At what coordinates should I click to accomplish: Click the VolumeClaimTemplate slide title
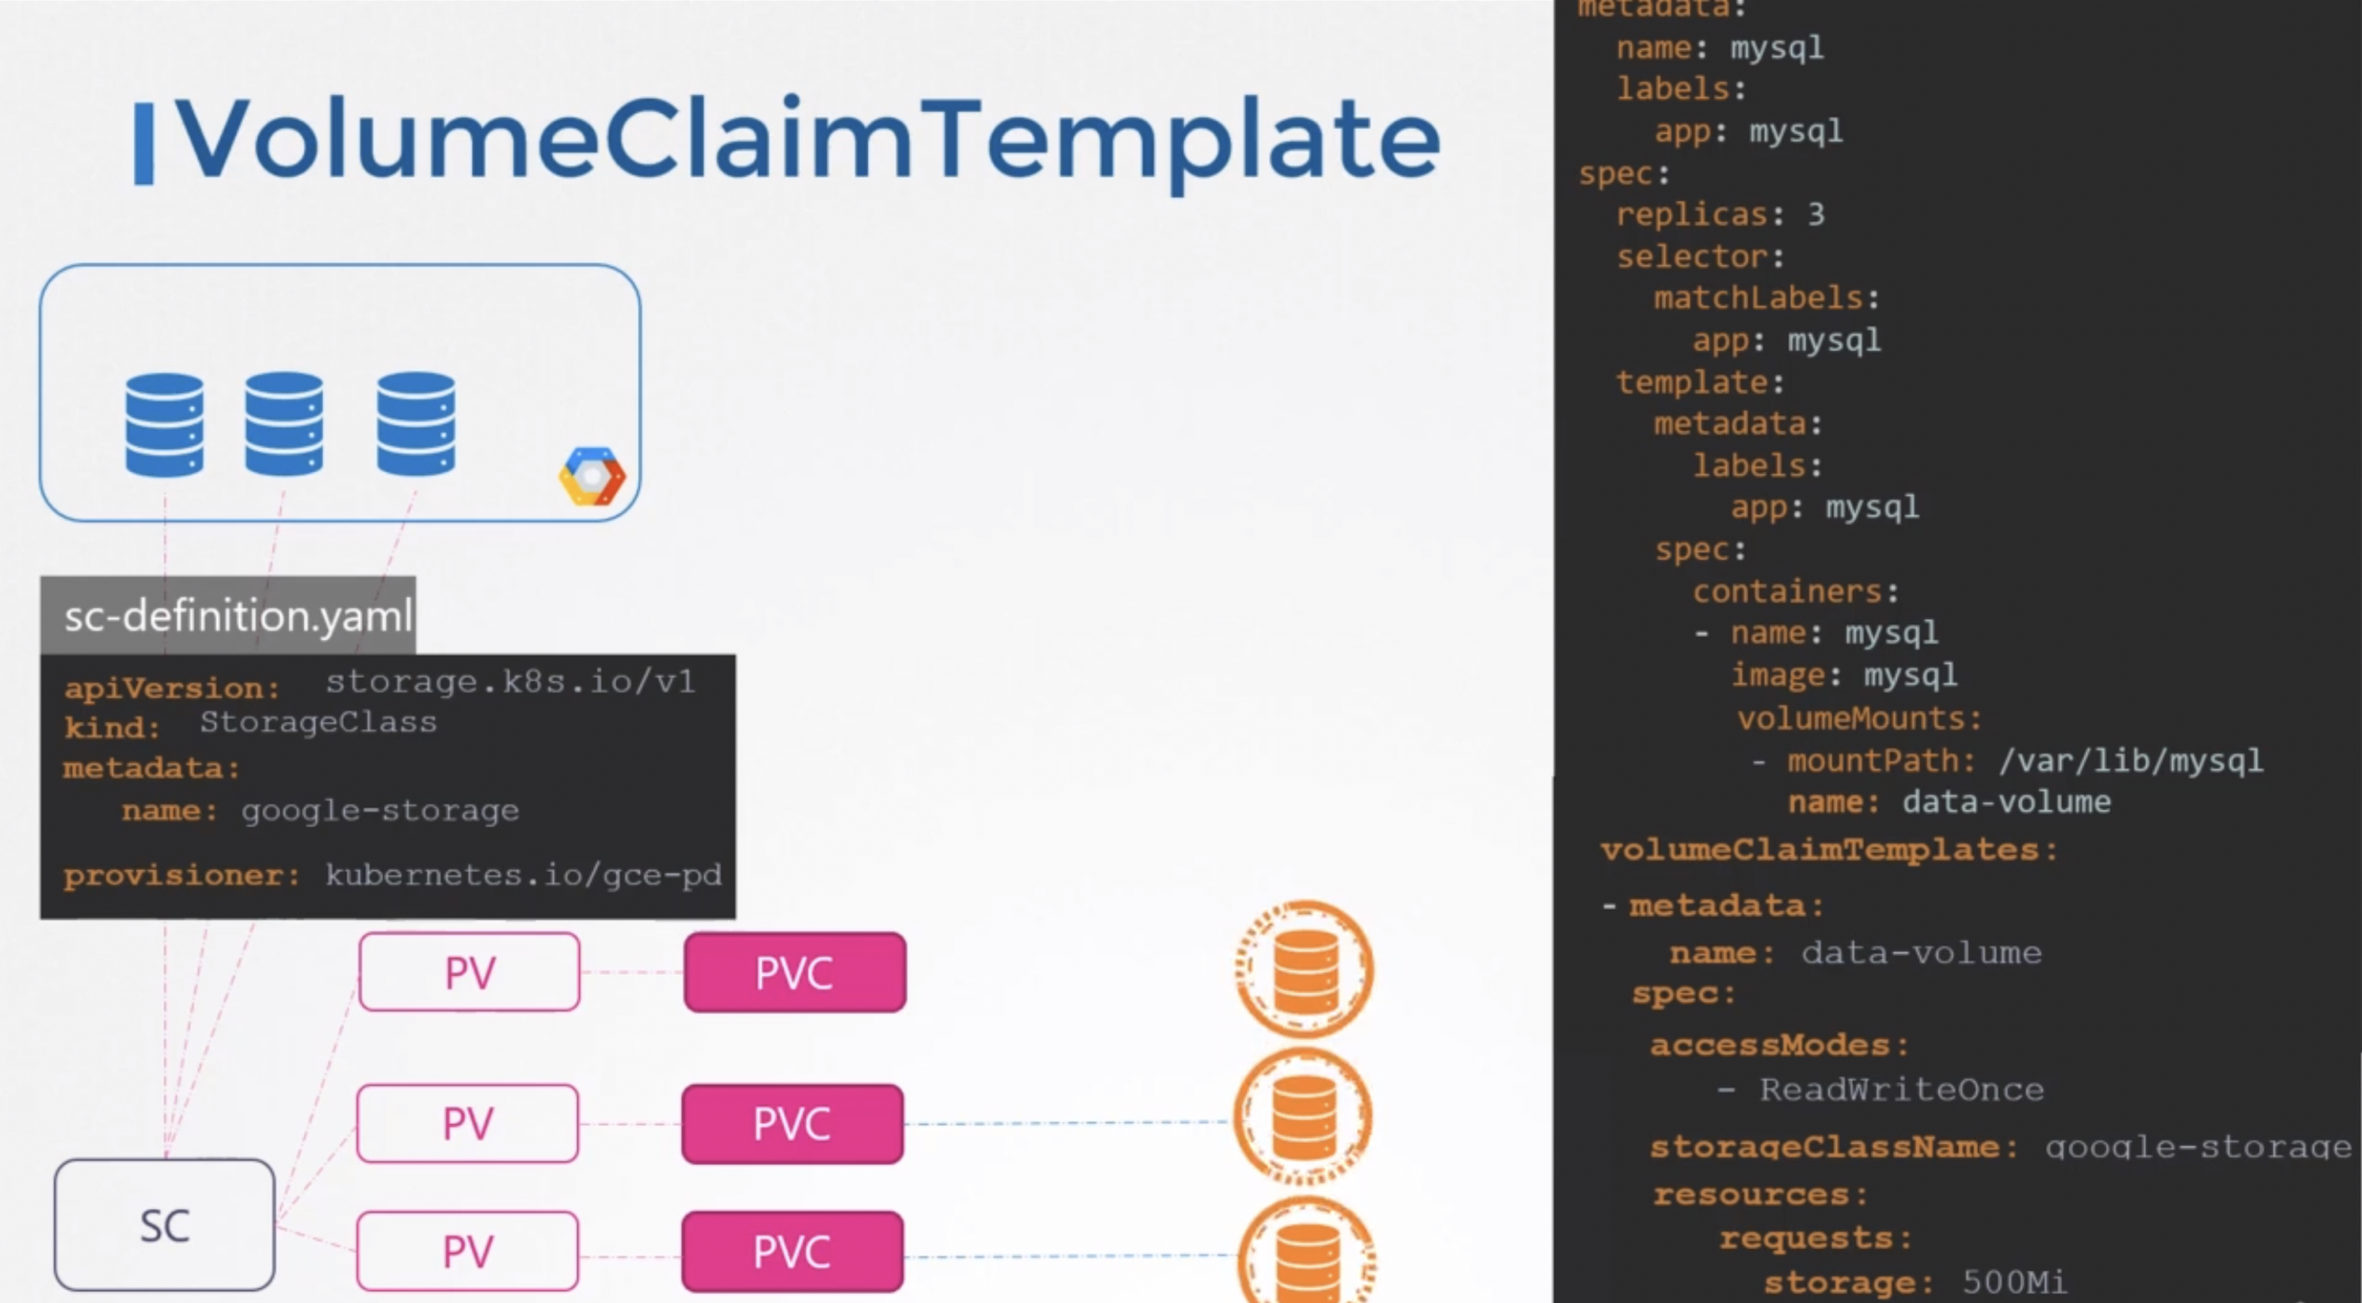coord(807,140)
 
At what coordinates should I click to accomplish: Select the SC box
coord(164,1225)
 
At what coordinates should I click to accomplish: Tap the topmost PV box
coord(469,972)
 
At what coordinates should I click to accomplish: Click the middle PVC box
coord(793,1123)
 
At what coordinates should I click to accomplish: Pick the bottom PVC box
coord(793,1251)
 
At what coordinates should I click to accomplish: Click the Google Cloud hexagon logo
coord(592,476)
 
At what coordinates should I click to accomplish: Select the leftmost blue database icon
coord(164,424)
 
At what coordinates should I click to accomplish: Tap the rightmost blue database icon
coord(416,423)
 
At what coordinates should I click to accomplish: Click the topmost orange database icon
coord(1305,969)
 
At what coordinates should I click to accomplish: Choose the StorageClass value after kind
coord(318,722)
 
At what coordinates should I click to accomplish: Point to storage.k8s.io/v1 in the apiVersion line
coord(510,681)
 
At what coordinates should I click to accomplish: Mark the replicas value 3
coord(1815,214)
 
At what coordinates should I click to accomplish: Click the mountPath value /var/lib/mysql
coord(2130,760)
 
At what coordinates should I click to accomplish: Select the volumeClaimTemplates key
coord(1823,849)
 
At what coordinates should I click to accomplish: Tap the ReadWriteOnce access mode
coord(1901,1089)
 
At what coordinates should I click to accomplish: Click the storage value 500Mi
coord(2014,1282)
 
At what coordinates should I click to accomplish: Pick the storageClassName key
coord(1824,1147)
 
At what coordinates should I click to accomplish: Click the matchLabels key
coord(1758,298)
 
